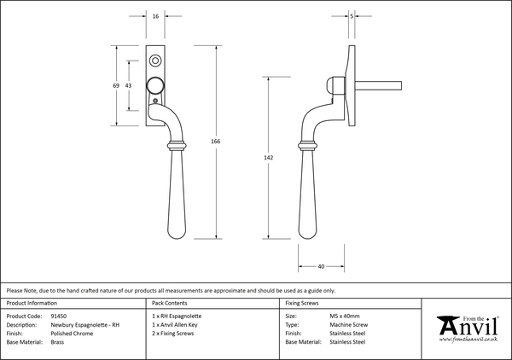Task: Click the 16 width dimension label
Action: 155,16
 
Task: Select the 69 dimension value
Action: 116,85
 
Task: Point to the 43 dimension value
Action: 128,85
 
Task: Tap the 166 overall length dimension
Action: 216,141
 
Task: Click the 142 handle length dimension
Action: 269,158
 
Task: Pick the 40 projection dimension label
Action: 321,267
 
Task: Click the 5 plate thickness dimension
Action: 352,16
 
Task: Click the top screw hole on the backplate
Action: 155,61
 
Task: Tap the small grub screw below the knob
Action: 155,101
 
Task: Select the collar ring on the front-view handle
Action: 177,145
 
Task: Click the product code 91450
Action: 59,316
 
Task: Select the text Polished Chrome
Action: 72,334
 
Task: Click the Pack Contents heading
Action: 170,303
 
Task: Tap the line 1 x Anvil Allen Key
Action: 175,325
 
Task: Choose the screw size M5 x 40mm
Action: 345,316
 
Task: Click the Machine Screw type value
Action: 349,325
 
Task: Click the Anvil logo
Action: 468,328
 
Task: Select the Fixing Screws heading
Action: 302,303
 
